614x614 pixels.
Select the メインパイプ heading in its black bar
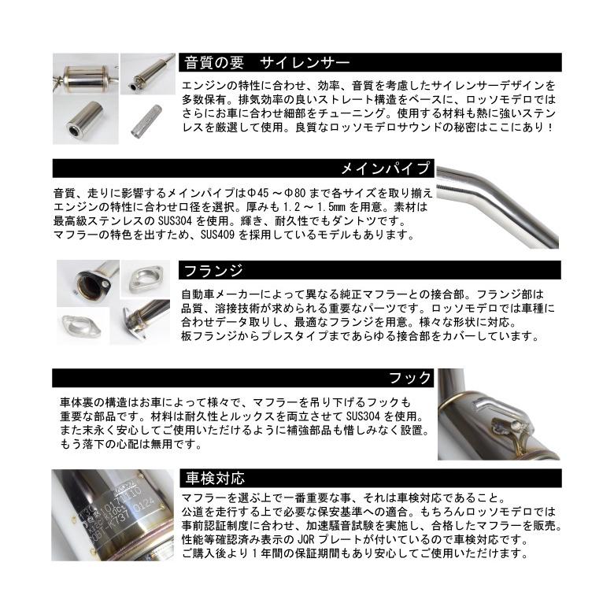pyautogui.click(x=385, y=168)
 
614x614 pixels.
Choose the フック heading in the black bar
pyautogui.click(x=410, y=378)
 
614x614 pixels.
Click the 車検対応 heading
pyautogui.click(x=214, y=478)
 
